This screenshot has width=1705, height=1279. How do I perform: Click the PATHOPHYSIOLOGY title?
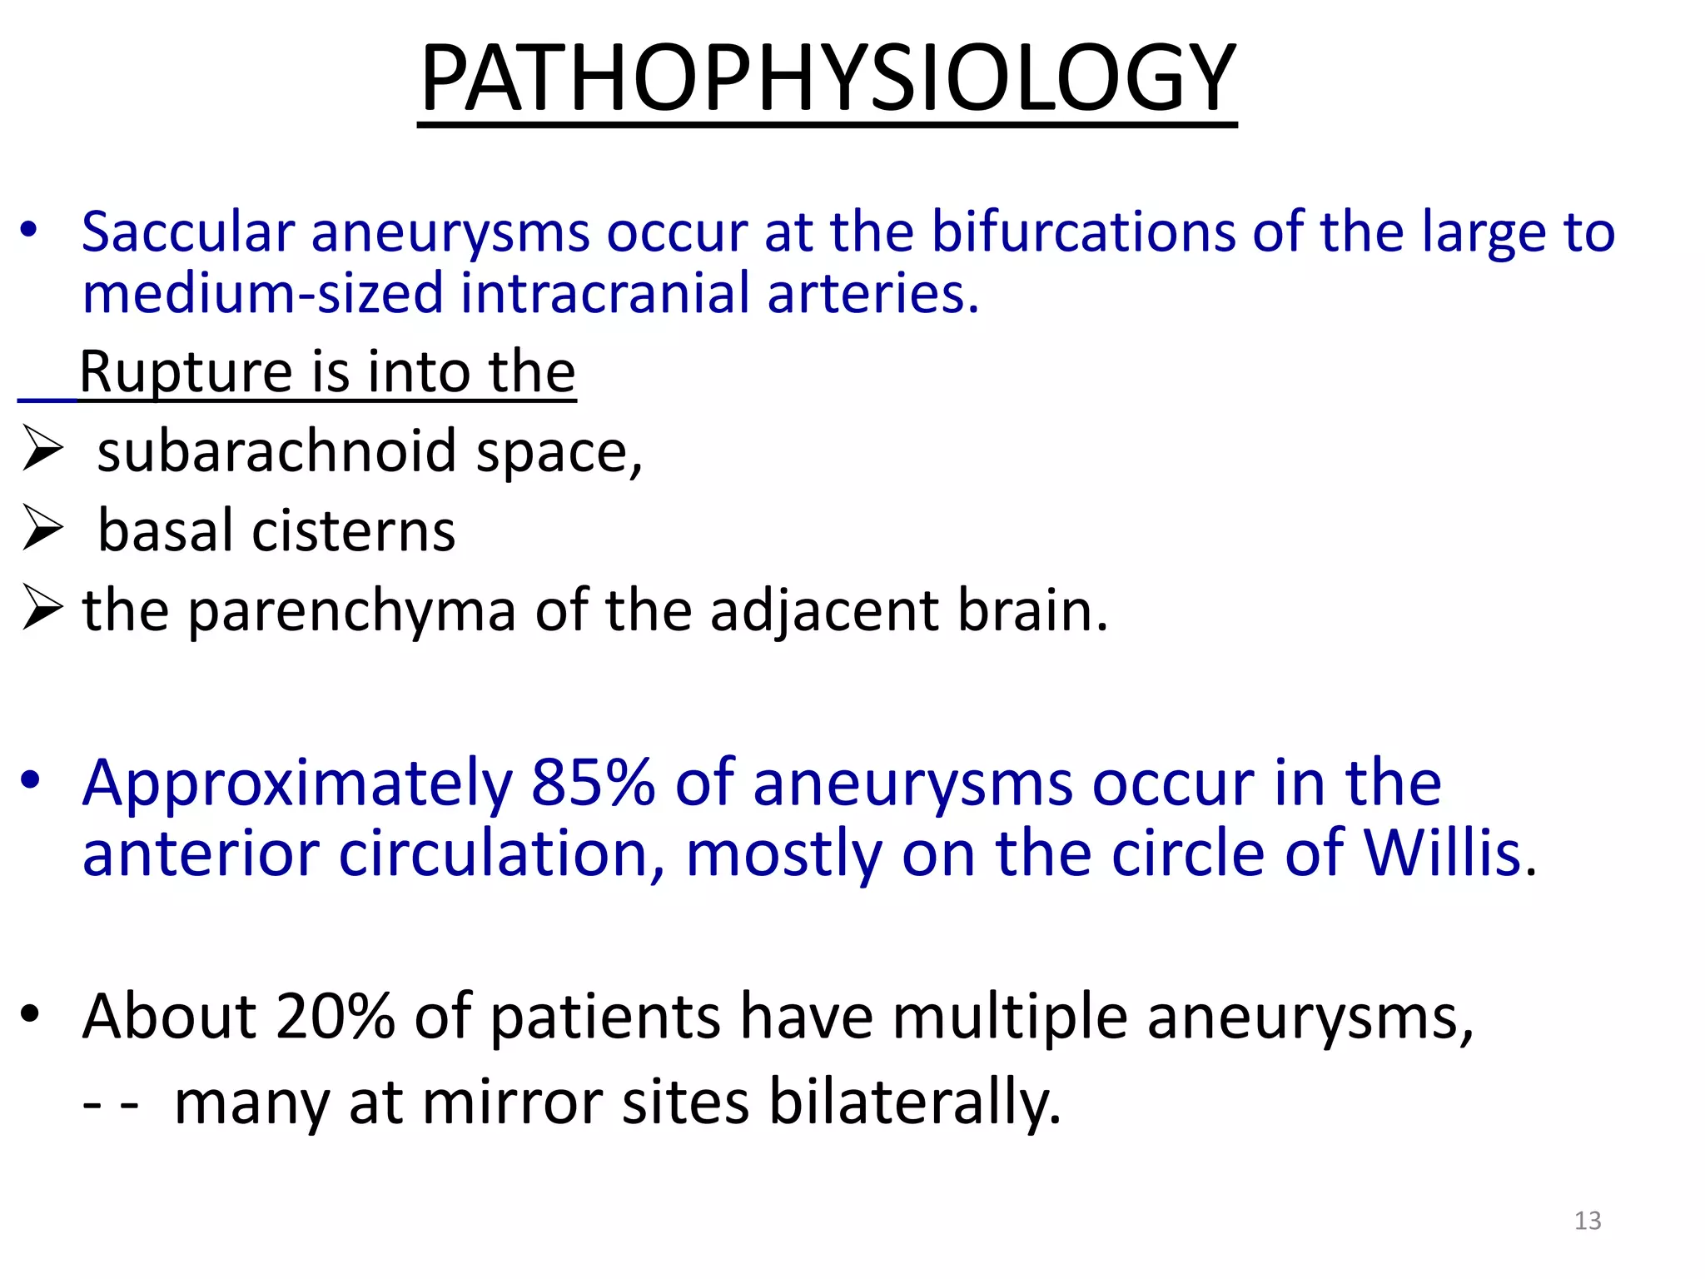pos(828,78)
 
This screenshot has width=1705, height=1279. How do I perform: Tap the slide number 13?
pos(1588,1221)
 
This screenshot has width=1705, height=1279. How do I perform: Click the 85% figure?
pos(593,784)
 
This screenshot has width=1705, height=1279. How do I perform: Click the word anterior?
pos(201,855)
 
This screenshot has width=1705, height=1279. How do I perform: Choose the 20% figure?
pos(335,1017)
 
